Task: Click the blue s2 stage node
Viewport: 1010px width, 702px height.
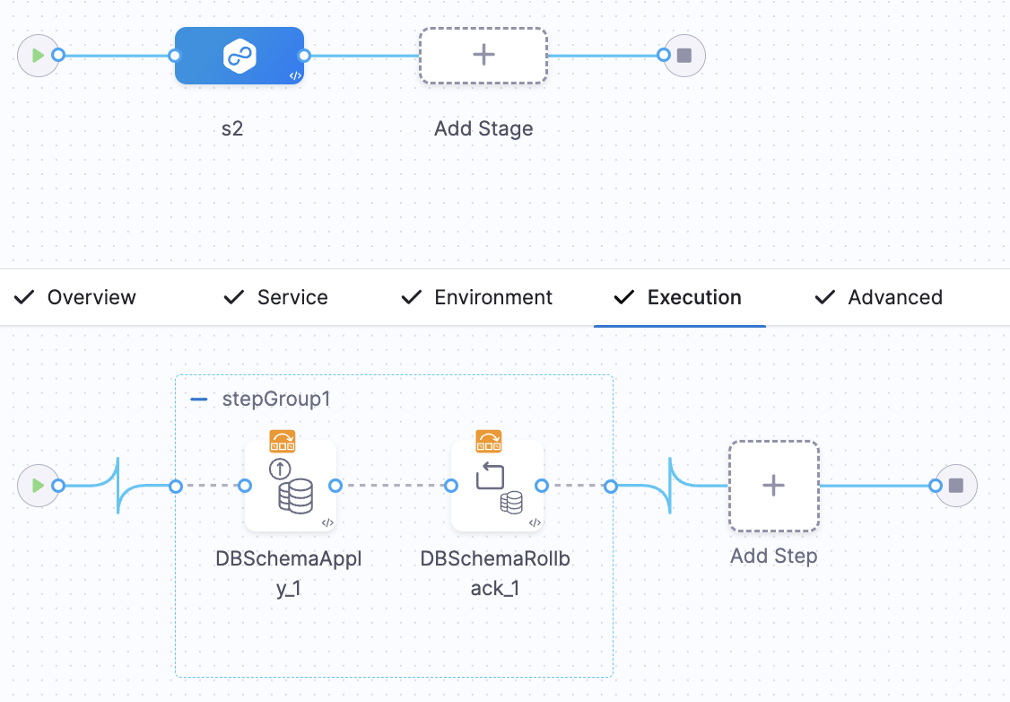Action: point(239,56)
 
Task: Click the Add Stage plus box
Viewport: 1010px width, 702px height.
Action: point(483,56)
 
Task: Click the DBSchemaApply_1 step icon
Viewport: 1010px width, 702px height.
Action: point(290,486)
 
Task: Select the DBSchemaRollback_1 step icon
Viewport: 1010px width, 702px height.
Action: point(496,486)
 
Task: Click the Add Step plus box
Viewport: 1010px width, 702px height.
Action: point(773,486)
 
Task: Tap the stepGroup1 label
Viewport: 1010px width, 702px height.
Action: point(276,399)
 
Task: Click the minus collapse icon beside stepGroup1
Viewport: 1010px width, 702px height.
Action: point(199,399)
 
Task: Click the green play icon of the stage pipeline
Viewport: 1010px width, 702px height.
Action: point(38,56)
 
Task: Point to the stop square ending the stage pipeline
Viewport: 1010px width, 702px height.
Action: point(684,56)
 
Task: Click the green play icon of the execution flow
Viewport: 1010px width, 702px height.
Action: point(38,486)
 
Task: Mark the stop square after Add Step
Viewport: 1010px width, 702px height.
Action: point(956,486)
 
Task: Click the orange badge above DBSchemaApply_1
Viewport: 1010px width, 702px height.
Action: point(283,441)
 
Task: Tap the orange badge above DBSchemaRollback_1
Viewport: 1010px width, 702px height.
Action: point(489,441)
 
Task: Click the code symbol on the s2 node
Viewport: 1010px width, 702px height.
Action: point(294,75)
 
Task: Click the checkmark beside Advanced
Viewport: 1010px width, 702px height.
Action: point(824,297)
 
